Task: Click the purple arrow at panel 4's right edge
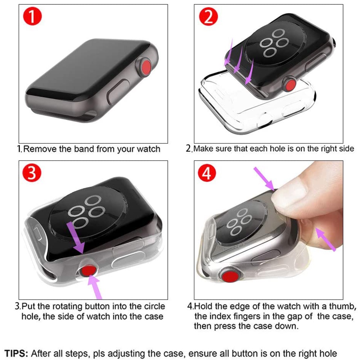[326, 238]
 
